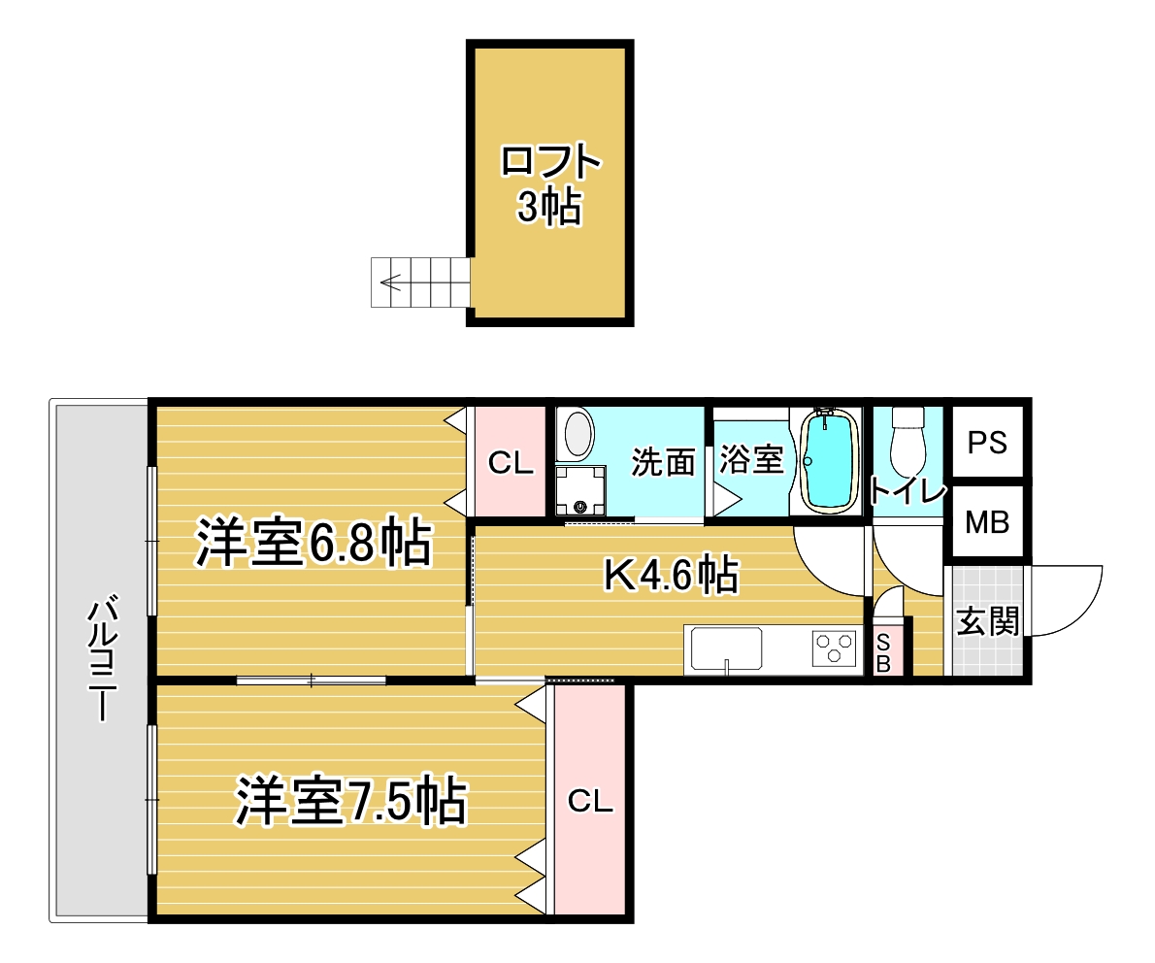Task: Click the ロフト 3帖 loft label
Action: [x=550, y=184]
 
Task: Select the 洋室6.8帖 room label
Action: [x=313, y=543]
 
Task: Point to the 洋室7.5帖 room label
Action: [x=351, y=800]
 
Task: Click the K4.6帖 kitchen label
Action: [x=671, y=575]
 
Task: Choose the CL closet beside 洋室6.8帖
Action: [x=510, y=463]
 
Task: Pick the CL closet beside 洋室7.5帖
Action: [x=590, y=801]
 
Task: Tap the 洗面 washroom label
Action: [x=663, y=463]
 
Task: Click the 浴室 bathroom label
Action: [x=751, y=460]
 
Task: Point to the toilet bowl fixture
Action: [x=907, y=442]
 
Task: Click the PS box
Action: [x=987, y=442]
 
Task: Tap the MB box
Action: [x=987, y=521]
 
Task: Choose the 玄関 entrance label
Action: [x=988, y=621]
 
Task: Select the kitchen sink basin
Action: [x=726, y=649]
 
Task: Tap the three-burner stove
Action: [x=835, y=649]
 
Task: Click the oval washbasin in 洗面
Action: [x=578, y=434]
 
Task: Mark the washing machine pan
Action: [x=580, y=490]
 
